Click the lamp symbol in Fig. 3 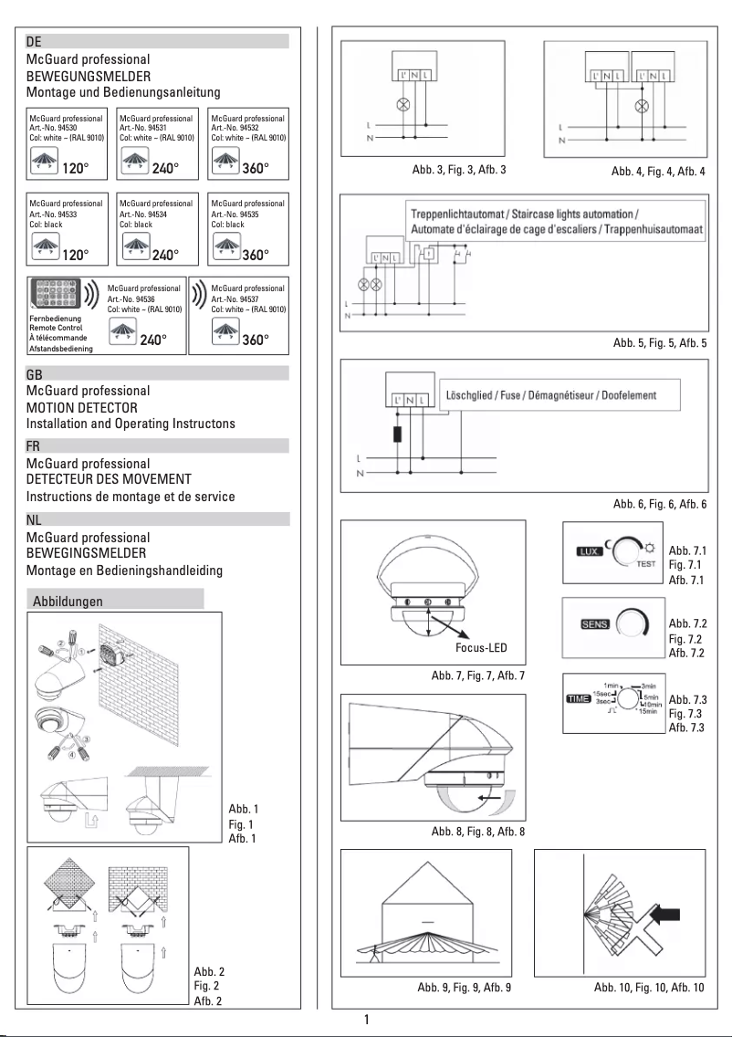(x=399, y=104)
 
